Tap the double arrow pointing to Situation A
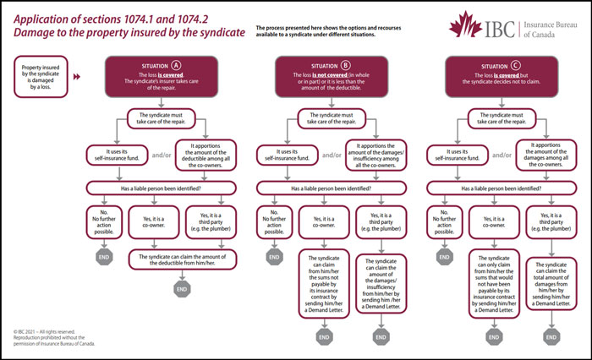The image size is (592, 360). pyautogui.click(x=79, y=76)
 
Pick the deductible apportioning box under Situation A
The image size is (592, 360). pyautogui.click(x=199, y=155)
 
